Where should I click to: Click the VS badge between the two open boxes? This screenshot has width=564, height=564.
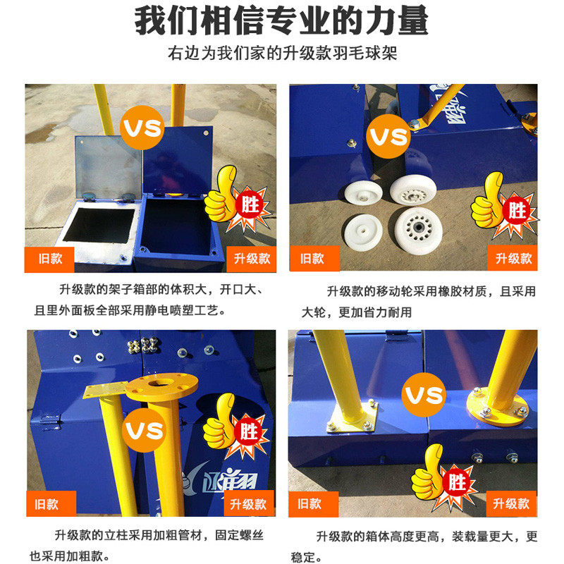[142, 129]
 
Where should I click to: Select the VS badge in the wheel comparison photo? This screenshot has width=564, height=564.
[388, 135]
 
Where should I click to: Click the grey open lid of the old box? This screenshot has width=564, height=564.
[107, 166]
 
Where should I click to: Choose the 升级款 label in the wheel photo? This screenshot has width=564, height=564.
[513, 259]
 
